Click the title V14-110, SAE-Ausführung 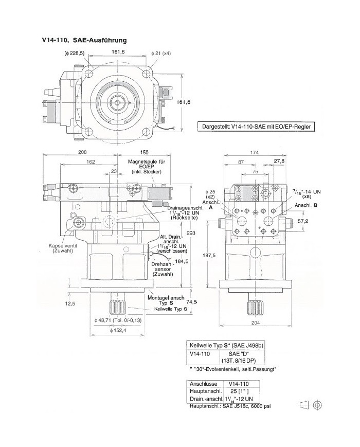point(84,40)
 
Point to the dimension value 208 point(82,153)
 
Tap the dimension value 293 point(191,233)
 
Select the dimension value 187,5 point(209,256)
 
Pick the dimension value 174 point(254,153)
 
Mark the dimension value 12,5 point(70,304)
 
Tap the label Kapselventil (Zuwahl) point(63,248)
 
